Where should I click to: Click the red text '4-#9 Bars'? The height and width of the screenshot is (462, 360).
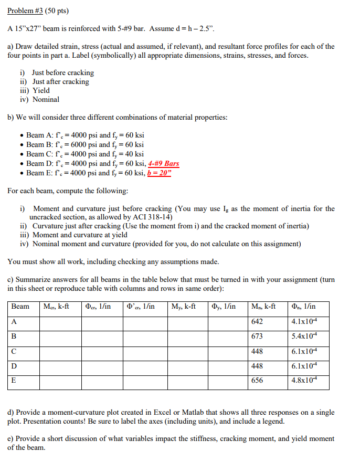point(164,163)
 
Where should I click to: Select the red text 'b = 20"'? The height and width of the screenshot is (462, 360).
point(160,173)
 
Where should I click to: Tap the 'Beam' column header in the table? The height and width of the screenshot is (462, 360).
point(20,306)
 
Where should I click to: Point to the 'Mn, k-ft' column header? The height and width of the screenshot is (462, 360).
point(263,306)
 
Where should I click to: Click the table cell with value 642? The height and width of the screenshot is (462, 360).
point(257,321)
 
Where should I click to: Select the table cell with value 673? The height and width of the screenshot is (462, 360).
point(257,336)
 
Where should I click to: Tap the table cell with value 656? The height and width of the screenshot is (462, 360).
point(257,381)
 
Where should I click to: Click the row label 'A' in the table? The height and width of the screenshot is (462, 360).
point(14,321)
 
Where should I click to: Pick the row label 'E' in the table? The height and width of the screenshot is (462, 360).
point(14,381)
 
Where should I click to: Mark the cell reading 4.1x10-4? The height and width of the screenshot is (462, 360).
point(303,321)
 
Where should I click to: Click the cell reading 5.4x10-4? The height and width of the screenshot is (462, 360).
point(303,336)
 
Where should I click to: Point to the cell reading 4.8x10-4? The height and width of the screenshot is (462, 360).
point(303,381)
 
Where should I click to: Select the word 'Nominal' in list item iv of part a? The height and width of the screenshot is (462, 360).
point(46,99)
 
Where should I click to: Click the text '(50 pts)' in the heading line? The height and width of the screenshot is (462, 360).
point(56,10)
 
